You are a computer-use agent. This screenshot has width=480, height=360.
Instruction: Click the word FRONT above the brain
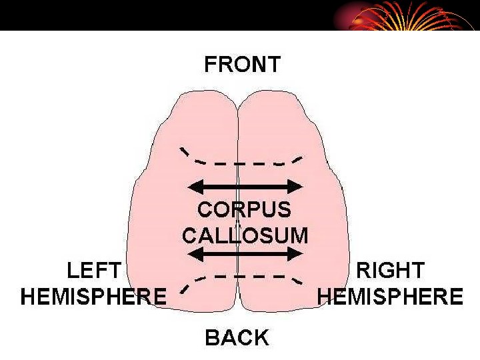[x=242, y=65]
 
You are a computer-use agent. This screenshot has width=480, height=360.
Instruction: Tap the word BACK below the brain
[x=237, y=337]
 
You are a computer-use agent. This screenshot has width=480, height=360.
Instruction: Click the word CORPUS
[x=244, y=209]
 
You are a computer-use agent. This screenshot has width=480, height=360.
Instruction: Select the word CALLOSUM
[x=245, y=235]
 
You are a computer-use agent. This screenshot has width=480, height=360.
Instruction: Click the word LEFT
[x=94, y=271]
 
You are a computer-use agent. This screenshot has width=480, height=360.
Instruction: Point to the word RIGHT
[x=391, y=271]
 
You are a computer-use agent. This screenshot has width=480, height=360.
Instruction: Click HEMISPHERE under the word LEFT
[x=93, y=296]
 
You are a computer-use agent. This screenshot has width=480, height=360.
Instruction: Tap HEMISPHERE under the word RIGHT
[x=390, y=296]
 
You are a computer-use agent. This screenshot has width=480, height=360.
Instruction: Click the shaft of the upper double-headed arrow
[x=247, y=186]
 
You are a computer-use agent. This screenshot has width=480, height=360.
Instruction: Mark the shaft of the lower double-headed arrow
[x=247, y=253]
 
